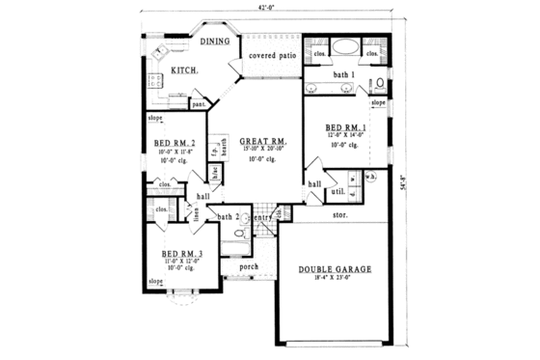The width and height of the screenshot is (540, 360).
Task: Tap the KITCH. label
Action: coord(185,70)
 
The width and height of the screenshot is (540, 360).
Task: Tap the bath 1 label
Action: coord(345,75)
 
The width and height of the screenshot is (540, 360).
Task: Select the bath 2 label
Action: coord(229,217)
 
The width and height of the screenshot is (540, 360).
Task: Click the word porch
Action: coord(249,265)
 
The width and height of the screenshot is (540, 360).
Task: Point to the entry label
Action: coord(262,217)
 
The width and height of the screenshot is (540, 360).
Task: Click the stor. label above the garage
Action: coord(340,214)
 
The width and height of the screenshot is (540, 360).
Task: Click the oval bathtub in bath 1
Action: coord(345,47)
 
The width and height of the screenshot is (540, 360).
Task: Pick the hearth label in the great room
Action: coord(225,148)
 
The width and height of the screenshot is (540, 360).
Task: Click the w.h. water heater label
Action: coord(371,178)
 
